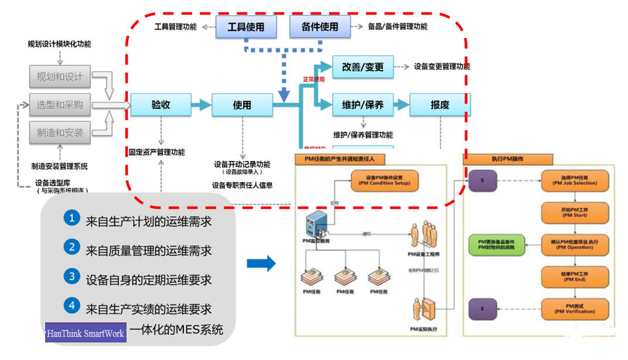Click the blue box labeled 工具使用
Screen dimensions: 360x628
point(245,27)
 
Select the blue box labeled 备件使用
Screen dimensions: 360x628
point(320,27)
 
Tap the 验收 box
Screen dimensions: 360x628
point(161,105)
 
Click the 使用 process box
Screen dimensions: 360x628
point(242,105)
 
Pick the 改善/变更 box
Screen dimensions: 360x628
point(363,67)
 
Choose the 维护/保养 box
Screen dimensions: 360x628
point(363,105)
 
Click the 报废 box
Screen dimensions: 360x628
point(439,105)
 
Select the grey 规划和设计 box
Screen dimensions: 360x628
point(60,77)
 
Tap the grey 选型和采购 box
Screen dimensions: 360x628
point(60,105)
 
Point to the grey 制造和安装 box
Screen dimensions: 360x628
point(60,133)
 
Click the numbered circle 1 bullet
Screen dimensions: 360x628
point(71,218)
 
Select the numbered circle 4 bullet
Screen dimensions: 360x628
point(71,305)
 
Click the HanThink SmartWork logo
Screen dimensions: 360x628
point(86,332)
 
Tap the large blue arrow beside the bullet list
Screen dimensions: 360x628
point(261,263)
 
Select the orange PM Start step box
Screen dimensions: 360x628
point(574,212)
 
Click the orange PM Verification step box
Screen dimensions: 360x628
point(574,310)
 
